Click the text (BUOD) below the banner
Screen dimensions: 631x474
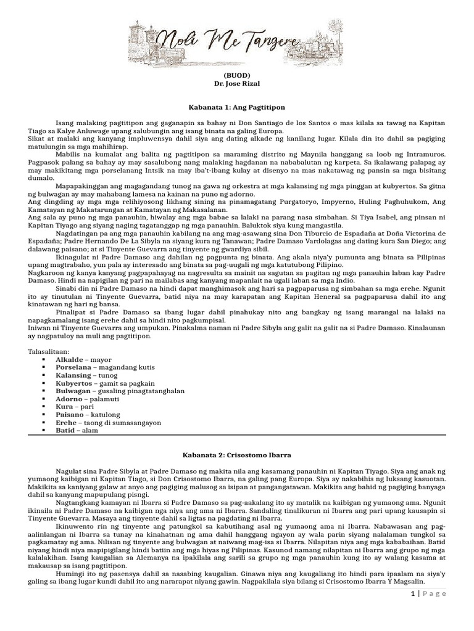pyautogui.click(x=237, y=73)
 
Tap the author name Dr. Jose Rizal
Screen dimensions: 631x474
pyautogui.click(x=237, y=82)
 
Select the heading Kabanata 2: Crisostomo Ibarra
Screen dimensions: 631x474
pyautogui.click(x=237, y=454)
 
